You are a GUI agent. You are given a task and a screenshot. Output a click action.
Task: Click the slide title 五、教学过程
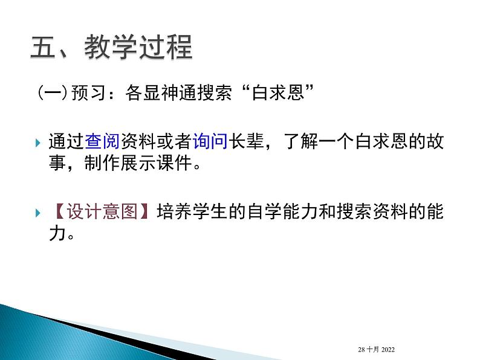point(111,47)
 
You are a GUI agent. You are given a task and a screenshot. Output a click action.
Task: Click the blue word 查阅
point(102,143)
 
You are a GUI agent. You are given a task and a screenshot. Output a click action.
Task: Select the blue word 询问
point(209,143)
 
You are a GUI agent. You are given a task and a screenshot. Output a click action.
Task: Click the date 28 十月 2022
point(376,350)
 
